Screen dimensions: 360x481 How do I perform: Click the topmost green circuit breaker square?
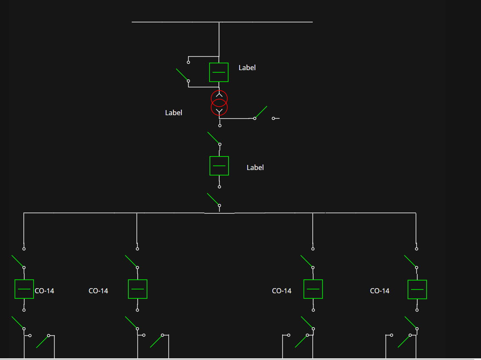(x=219, y=72)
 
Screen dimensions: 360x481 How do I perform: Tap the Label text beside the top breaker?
(x=247, y=68)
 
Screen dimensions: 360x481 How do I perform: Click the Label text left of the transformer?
(x=173, y=113)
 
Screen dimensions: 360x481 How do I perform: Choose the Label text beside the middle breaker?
(x=255, y=167)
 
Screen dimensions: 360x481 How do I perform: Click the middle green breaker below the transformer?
(x=219, y=166)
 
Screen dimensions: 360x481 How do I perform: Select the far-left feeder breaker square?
(x=24, y=289)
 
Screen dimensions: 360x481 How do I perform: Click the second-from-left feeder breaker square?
(x=138, y=289)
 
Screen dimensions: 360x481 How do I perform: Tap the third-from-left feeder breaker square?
(x=313, y=289)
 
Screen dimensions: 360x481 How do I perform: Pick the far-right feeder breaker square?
(x=417, y=289)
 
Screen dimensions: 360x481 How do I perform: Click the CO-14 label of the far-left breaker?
(x=44, y=291)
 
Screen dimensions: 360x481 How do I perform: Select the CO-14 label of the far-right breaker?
(x=379, y=291)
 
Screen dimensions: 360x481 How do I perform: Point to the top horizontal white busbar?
(x=222, y=22)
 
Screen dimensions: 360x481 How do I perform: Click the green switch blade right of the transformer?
(x=261, y=112)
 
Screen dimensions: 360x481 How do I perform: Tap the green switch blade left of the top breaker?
(x=182, y=74)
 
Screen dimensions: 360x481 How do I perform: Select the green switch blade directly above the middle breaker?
(x=213, y=138)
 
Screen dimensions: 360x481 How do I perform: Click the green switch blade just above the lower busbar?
(x=213, y=199)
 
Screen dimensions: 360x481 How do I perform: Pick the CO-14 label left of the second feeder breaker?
(x=98, y=291)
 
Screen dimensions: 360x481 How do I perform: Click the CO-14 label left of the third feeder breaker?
(x=282, y=291)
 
